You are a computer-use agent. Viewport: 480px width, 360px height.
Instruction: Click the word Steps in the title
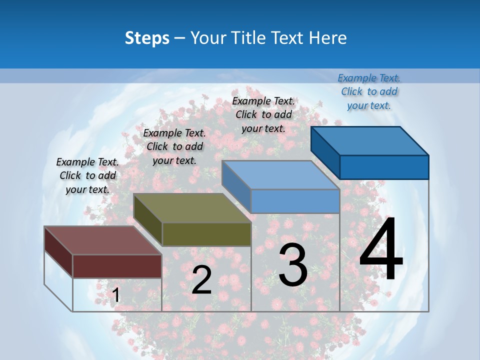pyautogui.click(x=146, y=38)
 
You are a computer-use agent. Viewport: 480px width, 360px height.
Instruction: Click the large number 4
pyautogui.click(x=381, y=249)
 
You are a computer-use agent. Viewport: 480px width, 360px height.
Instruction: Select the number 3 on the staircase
pyautogui.click(x=293, y=264)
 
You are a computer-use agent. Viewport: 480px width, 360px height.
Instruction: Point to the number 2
pyautogui.click(x=201, y=280)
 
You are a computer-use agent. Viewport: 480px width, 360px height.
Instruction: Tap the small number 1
pyautogui.click(x=116, y=295)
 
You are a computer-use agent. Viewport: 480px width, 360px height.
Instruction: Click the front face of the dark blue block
pyautogui.click(x=384, y=167)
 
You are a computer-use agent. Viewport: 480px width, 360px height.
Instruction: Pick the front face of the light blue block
pyautogui.click(x=295, y=201)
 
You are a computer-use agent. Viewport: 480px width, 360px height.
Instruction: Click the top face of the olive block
pyautogui.click(x=192, y=208)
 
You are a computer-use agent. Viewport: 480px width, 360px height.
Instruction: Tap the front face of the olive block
pyautogui.click(x=206, y=234)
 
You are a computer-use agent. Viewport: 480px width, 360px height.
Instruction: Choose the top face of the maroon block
pyautogui.click(x=103, y=240)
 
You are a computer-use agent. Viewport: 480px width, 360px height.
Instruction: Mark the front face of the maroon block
pyautogui.click(x=117, y=266)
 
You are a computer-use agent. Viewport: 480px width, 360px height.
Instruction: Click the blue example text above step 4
pyautogui.click(x=369, y=91)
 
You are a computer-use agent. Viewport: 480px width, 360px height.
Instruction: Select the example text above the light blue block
pyautogui.click(x=263, y=114)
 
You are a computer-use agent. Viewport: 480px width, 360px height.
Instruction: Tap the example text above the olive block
pyautogui.click(x=174, y=146)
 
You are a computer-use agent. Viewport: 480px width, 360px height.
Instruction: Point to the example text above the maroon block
pyautogui.click(x=87, y=175)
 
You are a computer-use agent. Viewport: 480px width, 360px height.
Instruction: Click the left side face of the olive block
pyautogui.click(x=148, y=220)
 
